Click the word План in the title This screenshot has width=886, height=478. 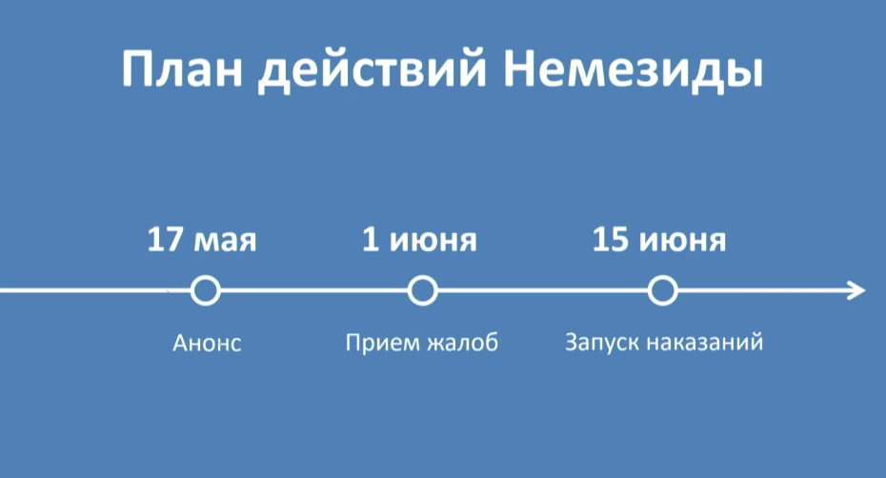coord(182,69)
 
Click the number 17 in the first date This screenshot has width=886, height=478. coord(165,239)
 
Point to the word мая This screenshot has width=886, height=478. coord(225,243)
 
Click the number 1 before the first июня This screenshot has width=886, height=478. coord(370,239)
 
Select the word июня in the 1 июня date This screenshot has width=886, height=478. coord(433,243)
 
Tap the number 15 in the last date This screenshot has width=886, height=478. coord(611,239)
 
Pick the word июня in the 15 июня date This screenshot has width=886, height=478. coord(682,243)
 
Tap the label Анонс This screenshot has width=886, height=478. coord(207,343)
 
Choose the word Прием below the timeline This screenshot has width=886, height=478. coord(381,343)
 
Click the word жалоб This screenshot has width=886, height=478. coord(463,343)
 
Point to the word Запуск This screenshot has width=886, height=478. coord(600,343)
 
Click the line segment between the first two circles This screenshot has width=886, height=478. coord(313,290)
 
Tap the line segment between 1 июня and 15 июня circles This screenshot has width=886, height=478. coord(542,290)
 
